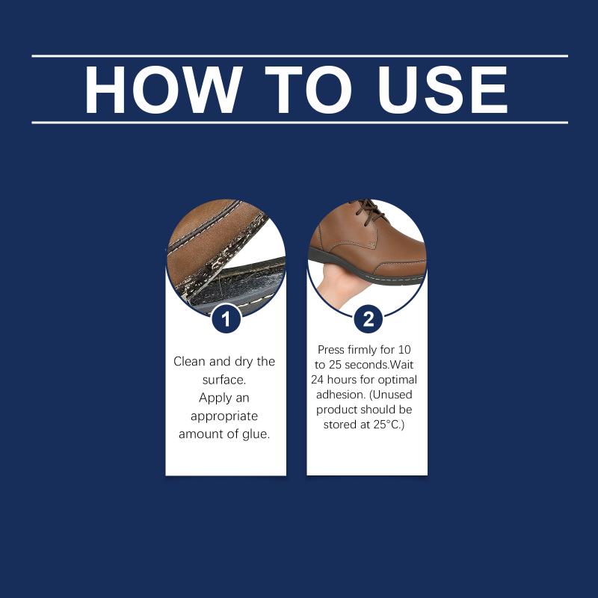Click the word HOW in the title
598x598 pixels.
click(x=164, y=90)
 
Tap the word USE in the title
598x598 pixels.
click(x=443, y=90)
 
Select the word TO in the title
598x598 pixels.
click(x=308, y=90)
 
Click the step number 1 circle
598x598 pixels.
click(x=226, y=319)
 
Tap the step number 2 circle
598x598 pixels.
click(x=369, y=319)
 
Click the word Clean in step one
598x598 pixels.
click(x=190, y=361)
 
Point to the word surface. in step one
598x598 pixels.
click(x=224, y=380)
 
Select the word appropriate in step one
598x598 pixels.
click(x=224, y=416)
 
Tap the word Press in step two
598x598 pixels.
click(x=330, y=350)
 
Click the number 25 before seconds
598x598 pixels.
click(x=334, y=365)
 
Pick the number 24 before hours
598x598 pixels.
click(x=317, y=380)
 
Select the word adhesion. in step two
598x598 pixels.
click(x=341, y=395)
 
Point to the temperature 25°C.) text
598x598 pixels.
click(x=389, y=425)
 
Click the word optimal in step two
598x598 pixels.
click(x=398, y=380)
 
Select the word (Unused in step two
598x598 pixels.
click(x=390, y=395)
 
